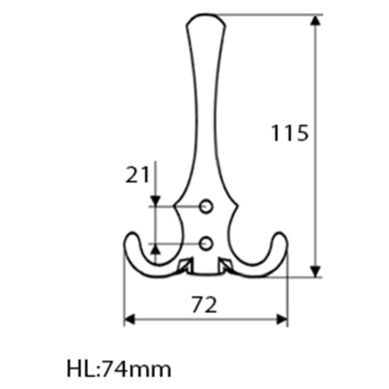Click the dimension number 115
pos(290,133)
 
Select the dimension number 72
pos(204,305)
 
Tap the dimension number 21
pos(137,175)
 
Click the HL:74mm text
pos(119,369)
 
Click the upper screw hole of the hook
pos(206,206)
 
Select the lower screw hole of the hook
pos(206,243)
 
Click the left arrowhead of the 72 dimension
pos(130,319)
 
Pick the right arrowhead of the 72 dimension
pos(282,319)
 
